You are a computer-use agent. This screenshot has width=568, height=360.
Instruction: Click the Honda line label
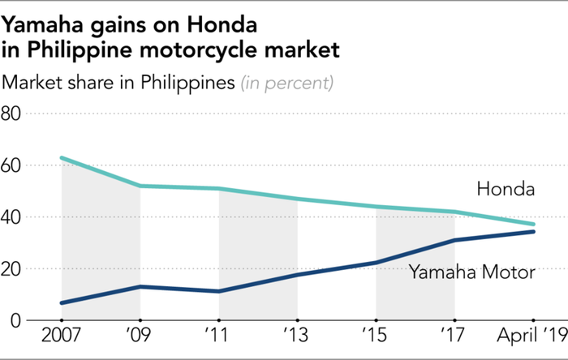click(506, 191)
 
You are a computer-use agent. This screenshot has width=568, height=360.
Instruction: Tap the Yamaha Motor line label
click(471, 272)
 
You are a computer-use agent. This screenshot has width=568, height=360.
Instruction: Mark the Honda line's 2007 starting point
click(62, 158)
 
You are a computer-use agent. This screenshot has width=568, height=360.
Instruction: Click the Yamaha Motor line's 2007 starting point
click(62, 302)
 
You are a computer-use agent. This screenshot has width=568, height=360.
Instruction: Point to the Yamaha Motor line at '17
click(454, 240)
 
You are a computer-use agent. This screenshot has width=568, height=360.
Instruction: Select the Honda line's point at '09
click(140, 186)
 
